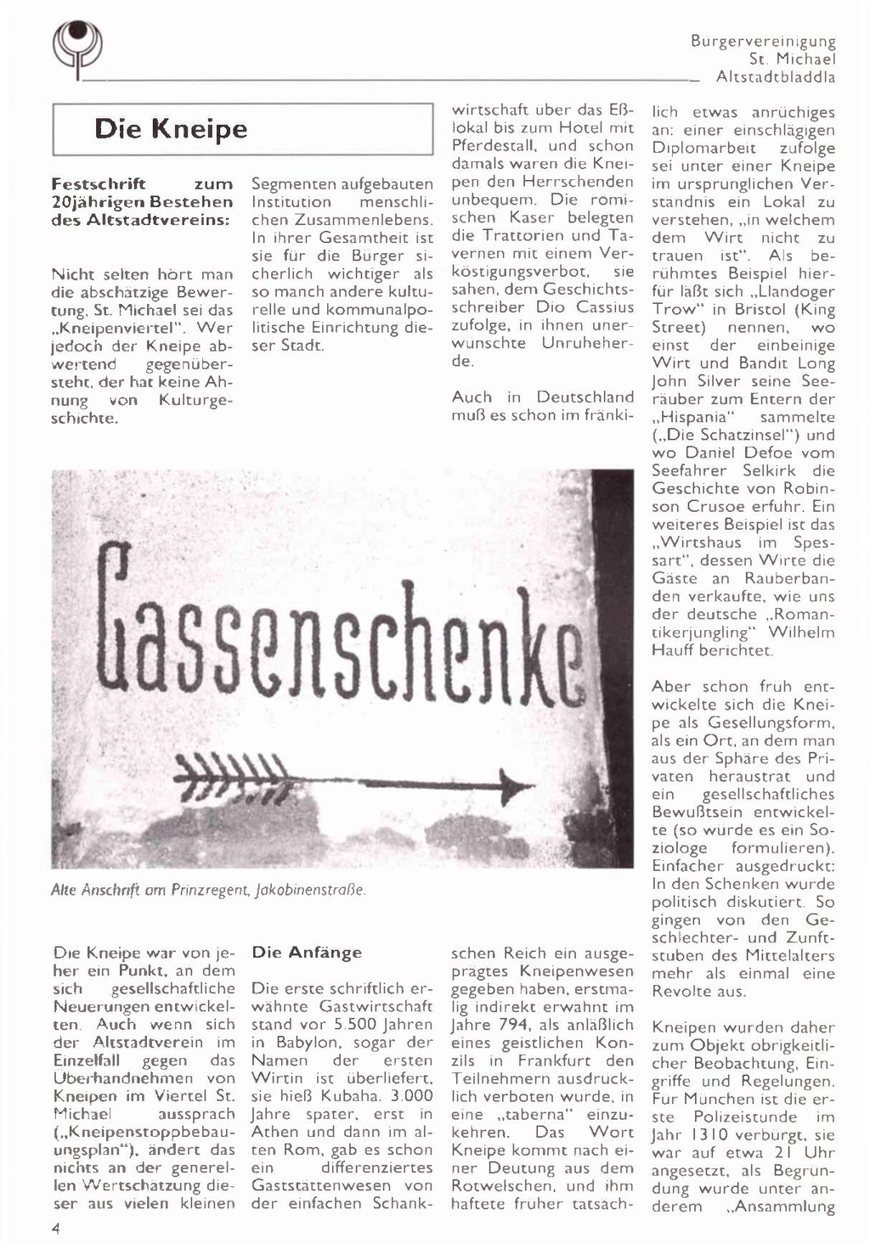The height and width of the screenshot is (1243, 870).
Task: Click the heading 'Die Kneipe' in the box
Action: click(171, 129)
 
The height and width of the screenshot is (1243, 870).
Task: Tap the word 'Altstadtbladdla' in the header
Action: click(776, 77)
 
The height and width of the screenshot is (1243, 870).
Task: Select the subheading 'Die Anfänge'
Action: click(307, 953)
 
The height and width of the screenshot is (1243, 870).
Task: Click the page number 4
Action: click(55, 1228)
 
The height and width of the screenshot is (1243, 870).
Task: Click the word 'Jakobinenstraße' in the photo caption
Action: click(314, 890)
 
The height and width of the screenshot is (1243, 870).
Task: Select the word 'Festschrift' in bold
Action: click(99, 184)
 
